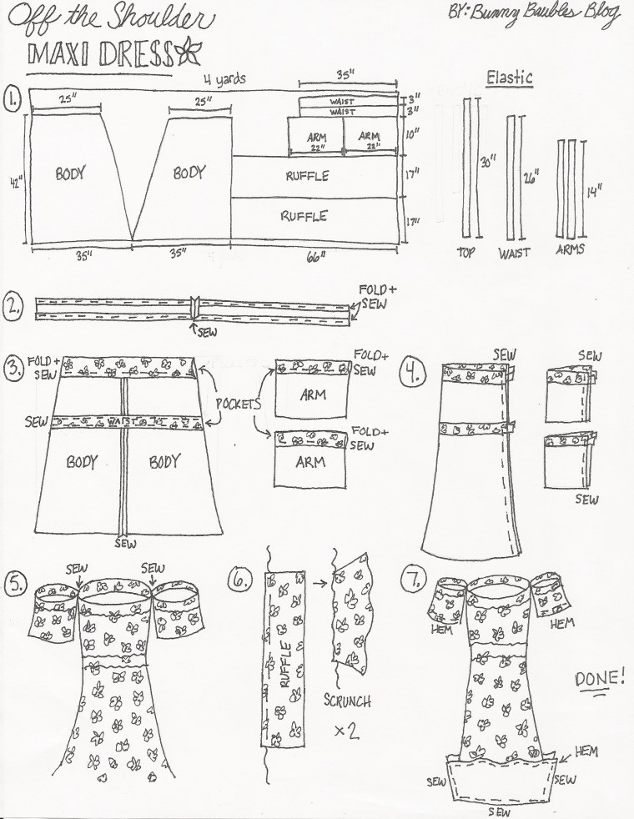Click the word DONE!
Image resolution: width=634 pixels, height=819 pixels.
click(599, 676)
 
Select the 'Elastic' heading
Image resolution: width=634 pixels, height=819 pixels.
click(510, 78)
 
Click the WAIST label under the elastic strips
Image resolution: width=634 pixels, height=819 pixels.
click(514, 252)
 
